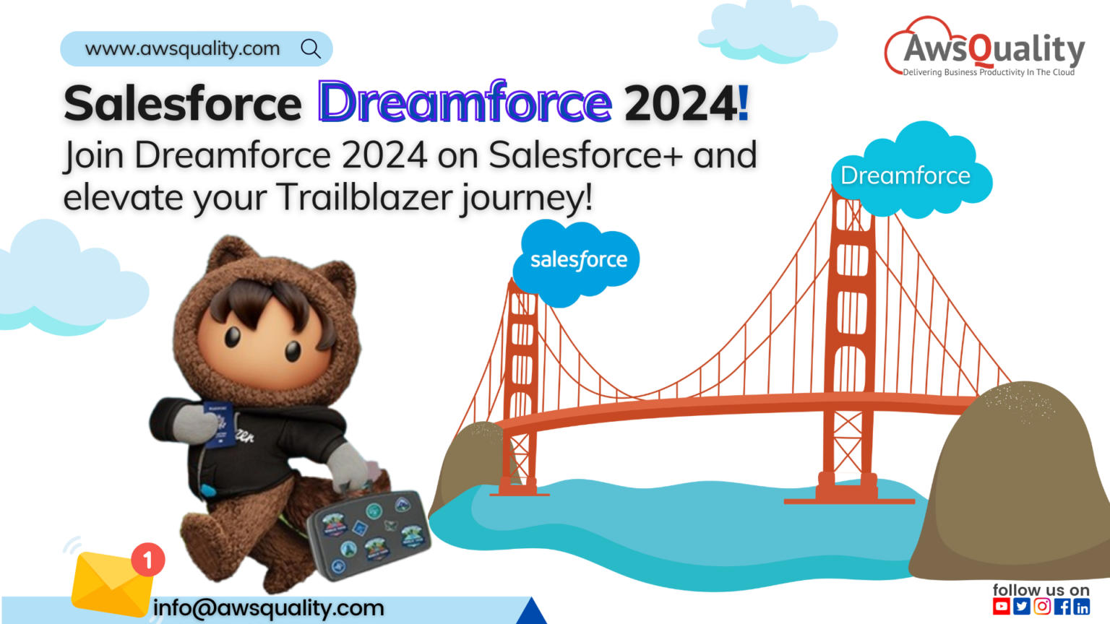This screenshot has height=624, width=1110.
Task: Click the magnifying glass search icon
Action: point(311,48)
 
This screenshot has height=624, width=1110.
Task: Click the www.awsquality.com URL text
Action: point(182,48)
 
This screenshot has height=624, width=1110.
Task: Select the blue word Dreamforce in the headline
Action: point(465,103)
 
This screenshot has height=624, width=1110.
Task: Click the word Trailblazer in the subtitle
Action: point(366,197)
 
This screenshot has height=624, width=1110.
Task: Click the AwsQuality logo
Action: point(984,48)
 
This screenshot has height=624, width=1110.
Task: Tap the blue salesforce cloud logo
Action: point(577,261)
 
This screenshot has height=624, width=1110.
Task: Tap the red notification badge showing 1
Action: point(148,560)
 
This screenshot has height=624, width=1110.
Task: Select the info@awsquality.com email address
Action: point(268,608)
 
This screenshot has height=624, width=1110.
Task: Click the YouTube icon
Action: point(1001,607)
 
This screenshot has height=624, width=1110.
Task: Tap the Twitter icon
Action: point(1021,607)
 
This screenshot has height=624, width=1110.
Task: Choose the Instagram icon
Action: point(1041,607)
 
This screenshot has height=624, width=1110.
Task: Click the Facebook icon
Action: point(1062,607)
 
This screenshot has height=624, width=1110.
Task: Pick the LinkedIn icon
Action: point(1081,607)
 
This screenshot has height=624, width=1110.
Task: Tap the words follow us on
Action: point(1041,590)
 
